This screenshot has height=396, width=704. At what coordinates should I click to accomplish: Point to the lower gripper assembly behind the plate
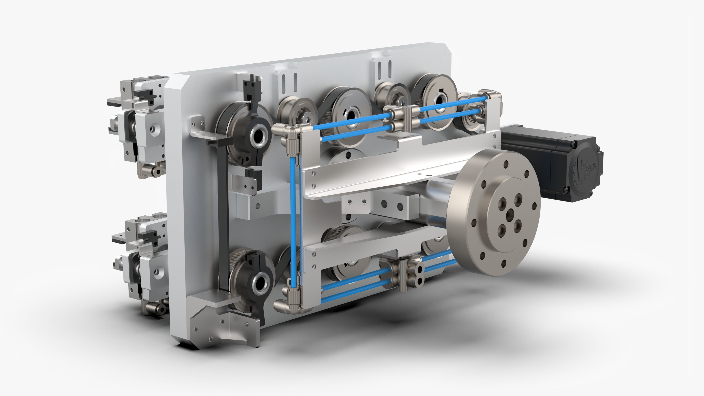142,260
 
